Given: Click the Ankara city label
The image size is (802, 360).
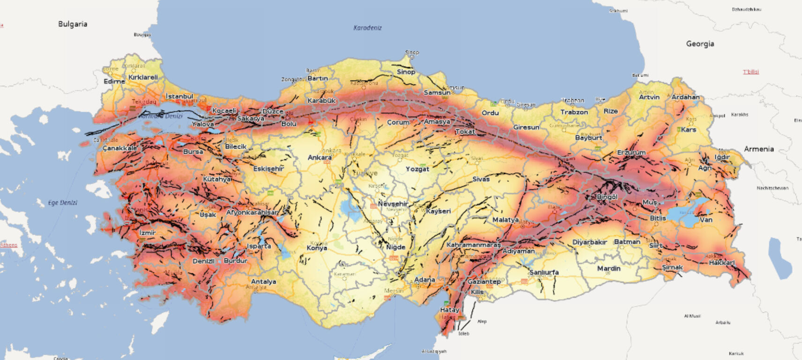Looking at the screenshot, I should tap(320, 157).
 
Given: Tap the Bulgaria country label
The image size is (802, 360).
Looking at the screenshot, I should tap(73, 24).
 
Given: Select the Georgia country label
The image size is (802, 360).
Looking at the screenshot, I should tap(700, 44).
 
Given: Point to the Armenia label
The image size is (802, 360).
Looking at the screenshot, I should tap(758, 149).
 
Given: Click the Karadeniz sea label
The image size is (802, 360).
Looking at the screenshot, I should tap(367, 28).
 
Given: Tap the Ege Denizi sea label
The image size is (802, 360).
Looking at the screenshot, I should tap(62, 202).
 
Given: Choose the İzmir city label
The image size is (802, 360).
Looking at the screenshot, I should tap(148, 232).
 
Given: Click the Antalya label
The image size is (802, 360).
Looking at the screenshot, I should tap(263, 282).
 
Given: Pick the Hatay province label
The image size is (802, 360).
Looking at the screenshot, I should tap(450, 310).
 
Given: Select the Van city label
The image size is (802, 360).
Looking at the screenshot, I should tap(705, 219).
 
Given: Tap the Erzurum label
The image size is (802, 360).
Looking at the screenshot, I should tap(631, 152).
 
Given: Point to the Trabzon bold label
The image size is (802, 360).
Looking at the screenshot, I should tap(574, 112).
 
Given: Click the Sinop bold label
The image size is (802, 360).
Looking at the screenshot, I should tap(406, 72).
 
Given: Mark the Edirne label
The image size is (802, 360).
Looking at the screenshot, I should tap(114, 81).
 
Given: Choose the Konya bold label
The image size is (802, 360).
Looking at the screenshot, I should tap(317, 248).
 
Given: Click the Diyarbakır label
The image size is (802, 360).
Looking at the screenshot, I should tap(589, 242).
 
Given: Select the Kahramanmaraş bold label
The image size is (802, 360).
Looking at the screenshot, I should tap(474, 245).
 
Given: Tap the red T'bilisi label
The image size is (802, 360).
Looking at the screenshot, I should tap(750, 72).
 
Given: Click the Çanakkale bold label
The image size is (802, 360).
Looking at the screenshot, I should tap(120, 148).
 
